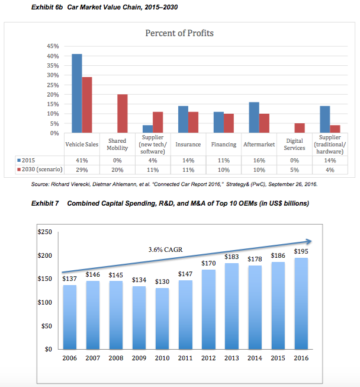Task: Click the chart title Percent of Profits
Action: click(179, 33)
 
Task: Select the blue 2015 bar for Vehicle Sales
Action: click(77, 94)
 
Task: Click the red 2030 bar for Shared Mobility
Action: click(122, 114)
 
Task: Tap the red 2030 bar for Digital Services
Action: click(300, 128)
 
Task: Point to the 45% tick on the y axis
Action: click(52, 46)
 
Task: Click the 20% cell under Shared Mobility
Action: click(117, 169)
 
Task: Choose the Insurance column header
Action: click(188, 145)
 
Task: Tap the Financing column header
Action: click(224, 145)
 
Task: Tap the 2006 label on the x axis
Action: click(69, 358)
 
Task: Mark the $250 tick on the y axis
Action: click(44, 232)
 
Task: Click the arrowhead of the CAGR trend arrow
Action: click(309, 241)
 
